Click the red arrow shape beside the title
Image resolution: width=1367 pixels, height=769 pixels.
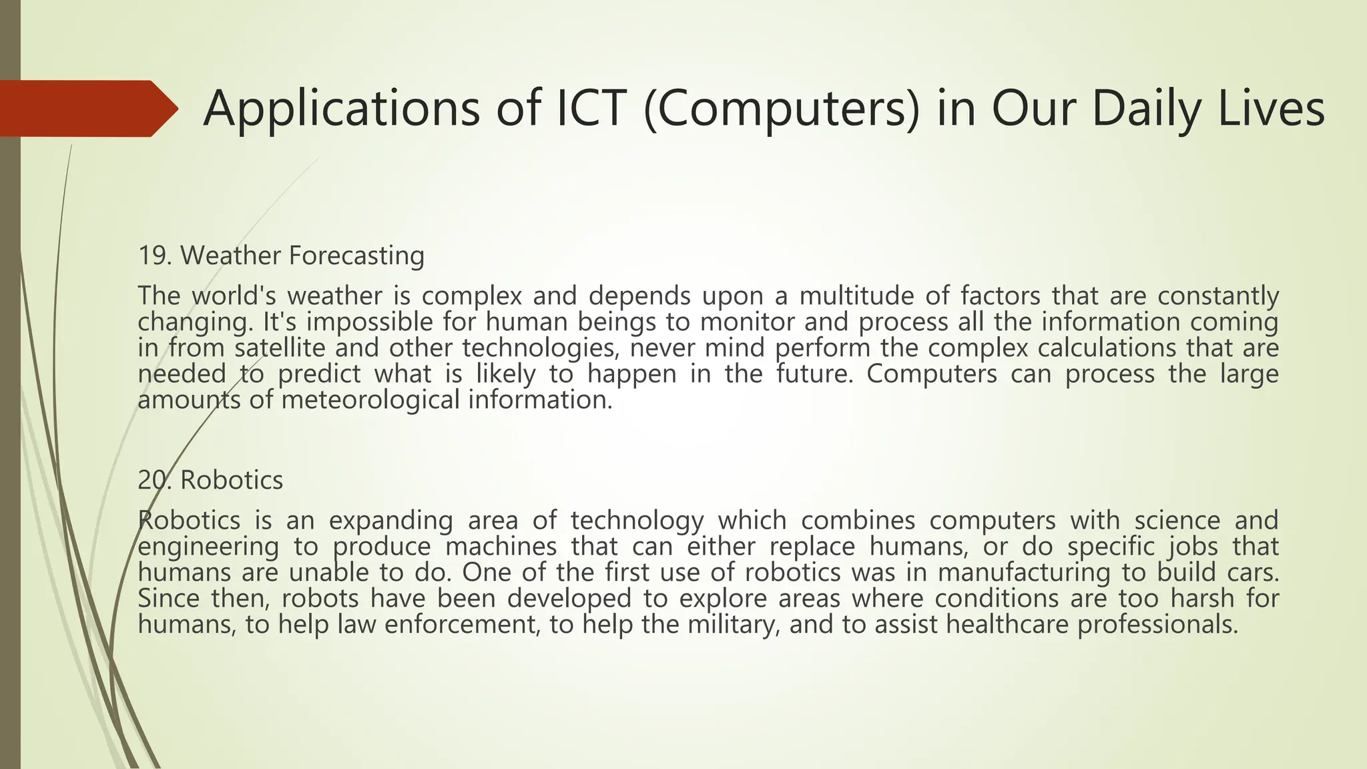click(87, 108)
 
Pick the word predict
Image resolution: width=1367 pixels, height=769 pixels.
click(319, 374)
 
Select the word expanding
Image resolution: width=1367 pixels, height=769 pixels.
click(390, 520)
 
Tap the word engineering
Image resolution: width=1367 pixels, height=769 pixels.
click(208, 547)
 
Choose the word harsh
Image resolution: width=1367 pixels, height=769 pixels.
click(1201, 598)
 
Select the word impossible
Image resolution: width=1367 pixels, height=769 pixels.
click(370, 322)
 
